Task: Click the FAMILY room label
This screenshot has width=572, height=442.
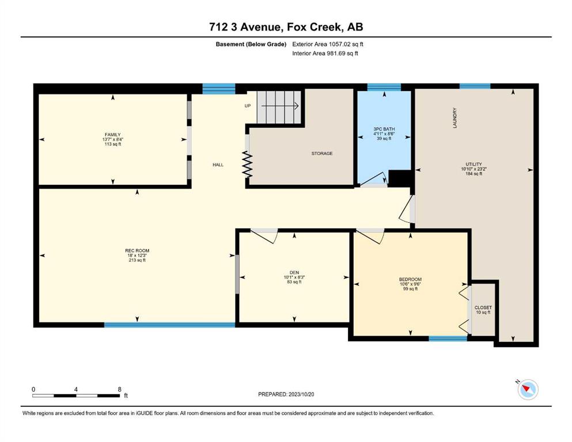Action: tap(112, 135)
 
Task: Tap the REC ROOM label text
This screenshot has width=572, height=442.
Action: tap(137, 251)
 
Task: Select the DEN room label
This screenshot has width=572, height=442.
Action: tap(294, 273)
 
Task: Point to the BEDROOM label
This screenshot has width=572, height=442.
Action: tap(410, 280)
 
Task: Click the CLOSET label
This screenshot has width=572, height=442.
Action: tap(483, 307)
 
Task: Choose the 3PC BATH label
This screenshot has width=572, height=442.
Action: tap(384, 129)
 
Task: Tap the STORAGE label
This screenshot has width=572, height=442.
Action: tap(322, 154)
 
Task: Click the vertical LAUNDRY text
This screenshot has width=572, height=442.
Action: tap(454, 118)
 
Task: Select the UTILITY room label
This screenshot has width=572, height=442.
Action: tap(473, 164)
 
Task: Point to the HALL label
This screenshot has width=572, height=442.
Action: tap(218, 165)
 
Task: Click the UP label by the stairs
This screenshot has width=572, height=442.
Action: tap(248, 106)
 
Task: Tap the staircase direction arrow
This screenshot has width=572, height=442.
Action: tap(280, 106)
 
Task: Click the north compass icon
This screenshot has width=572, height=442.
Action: tap(528, 389)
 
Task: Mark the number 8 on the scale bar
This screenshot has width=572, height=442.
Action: tap(120, 389)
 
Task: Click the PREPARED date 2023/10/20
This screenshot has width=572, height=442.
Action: tap(301, 394)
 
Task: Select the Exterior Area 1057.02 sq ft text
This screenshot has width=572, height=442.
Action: tap(328, 44)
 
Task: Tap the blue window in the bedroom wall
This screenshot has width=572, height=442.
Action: tap(448, 338)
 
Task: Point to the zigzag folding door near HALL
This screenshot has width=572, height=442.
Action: tap(248, 165)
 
